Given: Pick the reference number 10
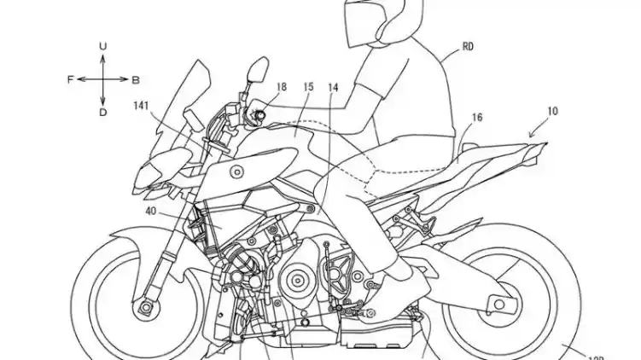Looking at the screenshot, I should point(553,112).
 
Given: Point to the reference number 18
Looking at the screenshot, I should point(282,87).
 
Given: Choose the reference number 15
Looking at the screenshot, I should point(308,87).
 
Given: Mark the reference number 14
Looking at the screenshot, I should point(332,87).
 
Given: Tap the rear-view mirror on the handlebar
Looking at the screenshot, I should point(255,73).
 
